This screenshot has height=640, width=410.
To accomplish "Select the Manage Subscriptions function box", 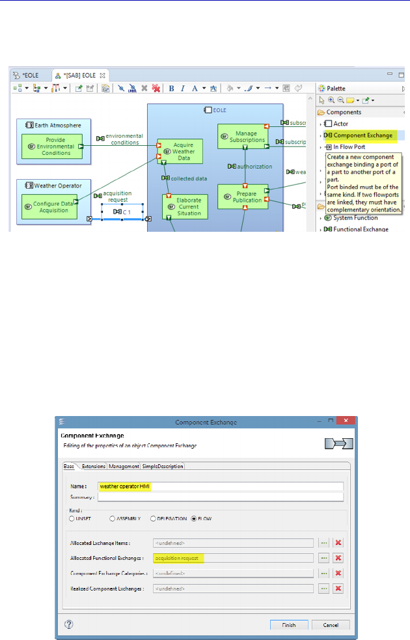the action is pos(242,136).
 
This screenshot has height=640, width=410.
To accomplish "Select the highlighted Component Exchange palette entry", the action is pos(362,135).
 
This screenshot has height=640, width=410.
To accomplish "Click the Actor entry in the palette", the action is pos(341,123).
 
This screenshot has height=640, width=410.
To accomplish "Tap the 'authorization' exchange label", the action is pos(250,166).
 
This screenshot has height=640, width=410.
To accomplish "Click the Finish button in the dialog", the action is pos(289,625).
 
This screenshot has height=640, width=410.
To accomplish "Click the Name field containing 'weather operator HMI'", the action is pos(219,486).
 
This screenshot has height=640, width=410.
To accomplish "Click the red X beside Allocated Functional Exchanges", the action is pos(338,558).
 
